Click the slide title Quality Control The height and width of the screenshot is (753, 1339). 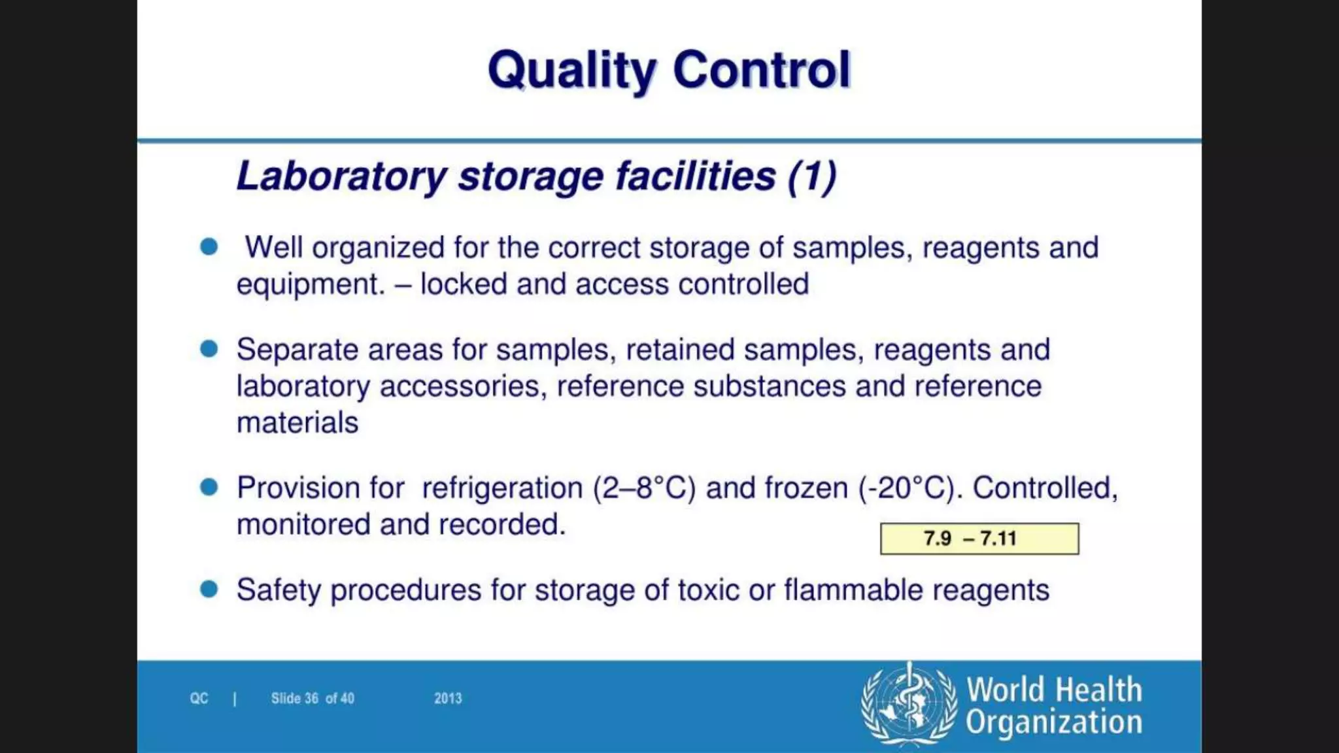[669, 71]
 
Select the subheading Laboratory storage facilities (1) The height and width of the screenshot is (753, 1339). [536, 176]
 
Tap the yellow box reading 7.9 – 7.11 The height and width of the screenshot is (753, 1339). [979, 539]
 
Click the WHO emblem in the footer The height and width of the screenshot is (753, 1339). [909, 704]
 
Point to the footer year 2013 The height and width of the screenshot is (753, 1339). [448, 698]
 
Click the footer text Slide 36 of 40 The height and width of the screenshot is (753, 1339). [313, 698]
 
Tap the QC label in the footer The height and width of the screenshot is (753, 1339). [199, 698]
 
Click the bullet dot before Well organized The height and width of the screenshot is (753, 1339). [209, 247]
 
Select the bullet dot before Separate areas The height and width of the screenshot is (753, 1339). [209, 349]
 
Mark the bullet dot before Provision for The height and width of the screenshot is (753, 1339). [209, 487]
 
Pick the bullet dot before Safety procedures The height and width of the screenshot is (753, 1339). [209, 589]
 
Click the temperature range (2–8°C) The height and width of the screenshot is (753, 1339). [644, 488]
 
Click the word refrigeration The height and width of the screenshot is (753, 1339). [502, 488]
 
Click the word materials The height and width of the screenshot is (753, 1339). [297, 423]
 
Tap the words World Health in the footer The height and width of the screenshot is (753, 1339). [1054, 690]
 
